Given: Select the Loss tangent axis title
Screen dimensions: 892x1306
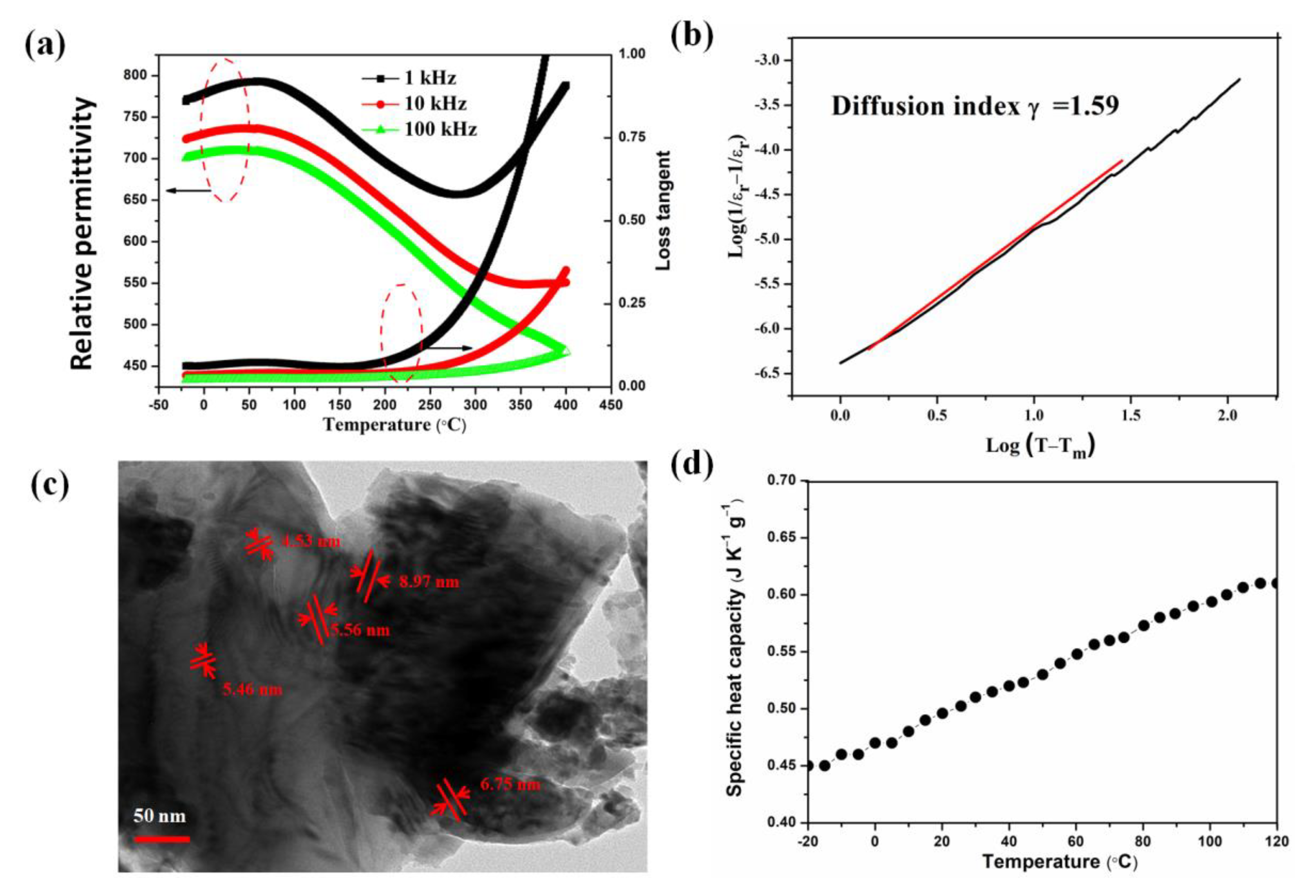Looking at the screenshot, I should coord(664,211).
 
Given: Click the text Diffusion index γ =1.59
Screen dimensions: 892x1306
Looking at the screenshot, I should coord(975,106).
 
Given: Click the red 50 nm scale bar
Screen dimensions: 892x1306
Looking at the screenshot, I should coord(162,839).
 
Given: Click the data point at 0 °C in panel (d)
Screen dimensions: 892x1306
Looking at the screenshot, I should coord(875,742).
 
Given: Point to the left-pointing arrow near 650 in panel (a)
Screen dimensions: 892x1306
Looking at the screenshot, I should coord(188,191).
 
